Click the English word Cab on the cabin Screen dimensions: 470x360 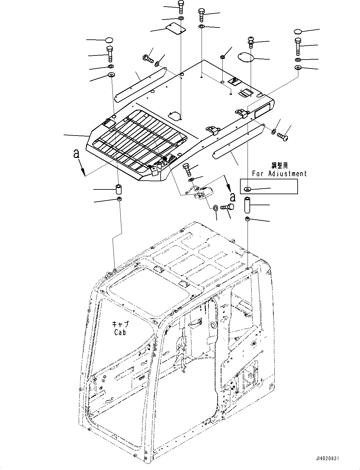pos(120,332)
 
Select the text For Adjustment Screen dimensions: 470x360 pos(279,173)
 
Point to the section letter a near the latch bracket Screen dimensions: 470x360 pos(232,197)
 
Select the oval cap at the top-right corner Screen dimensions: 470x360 pos(298,31)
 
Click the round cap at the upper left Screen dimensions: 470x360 pos(109,40)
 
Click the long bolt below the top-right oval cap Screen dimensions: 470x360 pos(298,46)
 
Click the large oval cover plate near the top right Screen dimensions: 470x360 pos(250,57)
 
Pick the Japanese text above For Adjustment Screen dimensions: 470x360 pos(279,165)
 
